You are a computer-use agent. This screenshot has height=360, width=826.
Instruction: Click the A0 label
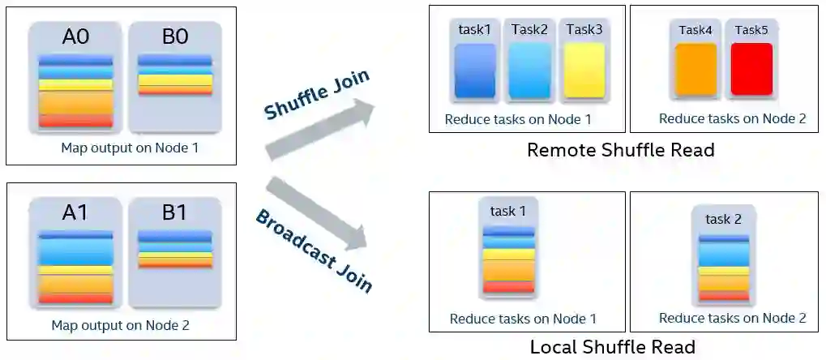pyautogui.click(x=76, y=37)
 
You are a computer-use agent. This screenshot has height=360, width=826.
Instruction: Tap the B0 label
pyautogui.click(x=175, y=37)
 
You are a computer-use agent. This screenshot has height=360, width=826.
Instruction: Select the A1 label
pyautogui.click(x=76, y=212)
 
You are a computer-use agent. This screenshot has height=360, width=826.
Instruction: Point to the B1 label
pyautogui.click(x=175, y=212)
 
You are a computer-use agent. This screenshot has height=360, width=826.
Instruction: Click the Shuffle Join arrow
pyautogui.click(x=324, y=130)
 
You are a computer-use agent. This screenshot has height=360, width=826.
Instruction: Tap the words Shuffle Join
pyautogui.click(x=317, y=95)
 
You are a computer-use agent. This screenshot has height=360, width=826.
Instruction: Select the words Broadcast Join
pyautogui.click(x=315, y=251)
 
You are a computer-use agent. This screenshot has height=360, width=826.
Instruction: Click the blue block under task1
pyautogui.click(x=475, y=71)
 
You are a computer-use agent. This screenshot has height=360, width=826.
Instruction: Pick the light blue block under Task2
pyautogui.click(x=530, y=71)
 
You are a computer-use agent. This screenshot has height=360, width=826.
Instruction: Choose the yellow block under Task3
pyautogui.click(x=584, y=71)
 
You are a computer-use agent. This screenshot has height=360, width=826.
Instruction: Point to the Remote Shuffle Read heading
pyautogui.click(x=620, y=150)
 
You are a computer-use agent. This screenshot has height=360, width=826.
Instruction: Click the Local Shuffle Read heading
pyautogui.click(x=612, y=347)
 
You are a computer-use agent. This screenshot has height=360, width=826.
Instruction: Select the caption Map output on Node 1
pyautogui.click(x=130, y=148)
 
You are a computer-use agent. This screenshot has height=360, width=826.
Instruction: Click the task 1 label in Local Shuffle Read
pyautogui.click(x=508, y=212)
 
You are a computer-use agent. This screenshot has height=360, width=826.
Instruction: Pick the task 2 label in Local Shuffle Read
pyautogui.click(x=724, y=219)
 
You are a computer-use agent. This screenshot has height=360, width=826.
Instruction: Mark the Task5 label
pyautogui.click(x=751, y=30)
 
